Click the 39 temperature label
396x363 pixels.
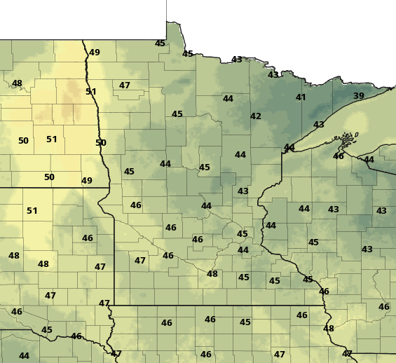tap(359, 96)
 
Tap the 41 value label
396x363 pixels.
tap(301, 97)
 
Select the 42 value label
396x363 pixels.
tap(256, 116)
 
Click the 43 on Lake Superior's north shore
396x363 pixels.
tap(319, 125)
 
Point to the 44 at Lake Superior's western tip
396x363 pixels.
tap(289, 147)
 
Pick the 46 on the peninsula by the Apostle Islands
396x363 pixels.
tap(339, 156)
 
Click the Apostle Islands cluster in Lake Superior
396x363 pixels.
tap(348, 139)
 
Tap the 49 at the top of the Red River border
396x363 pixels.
tap(95, 53)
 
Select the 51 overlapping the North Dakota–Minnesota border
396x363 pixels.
tap(91, 92)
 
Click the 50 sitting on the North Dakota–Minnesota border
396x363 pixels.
tap(101, 143)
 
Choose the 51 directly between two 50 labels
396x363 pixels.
tap(52, 139)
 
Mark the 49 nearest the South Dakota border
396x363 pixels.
tap(87, 181)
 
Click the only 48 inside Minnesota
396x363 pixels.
tap(212, 274)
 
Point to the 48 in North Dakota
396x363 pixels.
tap(17, 83)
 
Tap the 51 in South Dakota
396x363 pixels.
tap(32, 211)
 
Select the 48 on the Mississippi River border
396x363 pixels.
tap(329, 329)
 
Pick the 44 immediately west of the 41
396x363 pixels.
tap(228, 99)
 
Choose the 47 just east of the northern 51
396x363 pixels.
tap(125, 85)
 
